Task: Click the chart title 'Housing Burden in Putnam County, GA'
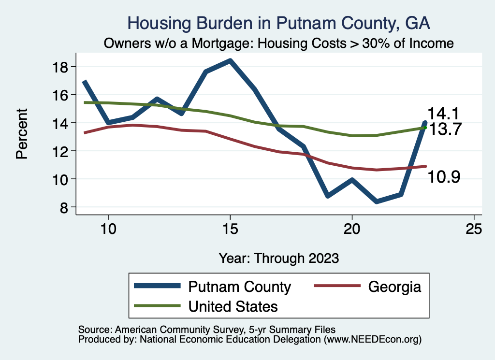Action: click(278, 23)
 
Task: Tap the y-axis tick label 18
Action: click(62, 67)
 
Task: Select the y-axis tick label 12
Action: click(62, 151)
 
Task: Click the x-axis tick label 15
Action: click(230, 229)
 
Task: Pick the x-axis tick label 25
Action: click(474, 229)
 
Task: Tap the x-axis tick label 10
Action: click(108, 229)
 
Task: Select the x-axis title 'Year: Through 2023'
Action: click(278, 258)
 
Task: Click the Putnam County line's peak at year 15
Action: click(230, 61)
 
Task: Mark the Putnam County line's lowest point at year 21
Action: click(377, 201)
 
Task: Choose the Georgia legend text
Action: click(394, 287)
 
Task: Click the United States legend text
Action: click(233, 306)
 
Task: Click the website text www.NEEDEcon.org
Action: click(372, 340)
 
